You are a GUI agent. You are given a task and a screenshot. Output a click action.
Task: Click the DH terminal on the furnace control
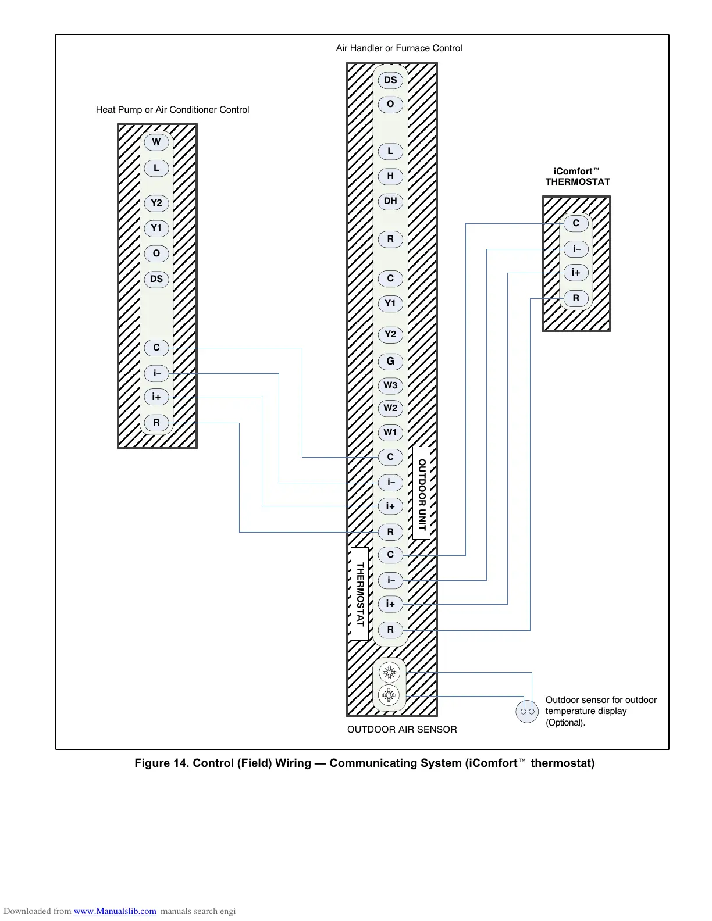390,202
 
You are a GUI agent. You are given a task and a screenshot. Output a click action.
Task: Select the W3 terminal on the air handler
390,385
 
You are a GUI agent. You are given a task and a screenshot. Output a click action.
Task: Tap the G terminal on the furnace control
390,362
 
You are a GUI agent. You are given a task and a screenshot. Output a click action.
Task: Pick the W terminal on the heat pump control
156,142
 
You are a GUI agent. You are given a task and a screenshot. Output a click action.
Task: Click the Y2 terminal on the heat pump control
156,203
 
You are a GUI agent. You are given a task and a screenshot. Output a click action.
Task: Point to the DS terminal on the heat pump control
156,279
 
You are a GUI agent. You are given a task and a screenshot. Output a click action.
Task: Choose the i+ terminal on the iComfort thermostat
576,273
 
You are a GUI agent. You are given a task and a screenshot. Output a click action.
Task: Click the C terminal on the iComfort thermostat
576,223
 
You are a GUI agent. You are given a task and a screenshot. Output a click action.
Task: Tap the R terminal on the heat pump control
156,423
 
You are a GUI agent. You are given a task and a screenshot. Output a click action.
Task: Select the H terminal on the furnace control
390,176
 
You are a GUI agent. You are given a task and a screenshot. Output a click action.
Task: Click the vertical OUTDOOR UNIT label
422,493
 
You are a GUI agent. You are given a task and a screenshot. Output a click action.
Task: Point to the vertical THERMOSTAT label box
359,594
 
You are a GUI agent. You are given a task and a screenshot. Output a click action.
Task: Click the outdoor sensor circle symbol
527,711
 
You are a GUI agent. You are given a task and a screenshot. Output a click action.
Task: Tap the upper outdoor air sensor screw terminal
389,673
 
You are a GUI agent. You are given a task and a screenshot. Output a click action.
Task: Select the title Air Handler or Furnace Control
399,48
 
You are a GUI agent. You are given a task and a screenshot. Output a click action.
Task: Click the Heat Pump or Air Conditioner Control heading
172,110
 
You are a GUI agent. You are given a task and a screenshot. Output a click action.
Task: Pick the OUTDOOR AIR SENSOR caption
402,730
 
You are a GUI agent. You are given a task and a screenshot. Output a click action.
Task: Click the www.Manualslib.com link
115,911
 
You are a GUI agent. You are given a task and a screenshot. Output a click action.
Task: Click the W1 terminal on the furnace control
390,433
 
